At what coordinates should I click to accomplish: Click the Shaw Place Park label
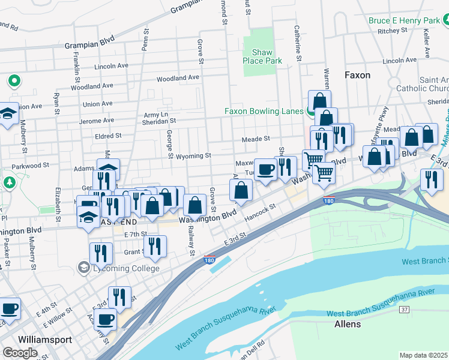pos(262,56)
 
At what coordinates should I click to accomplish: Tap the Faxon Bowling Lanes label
pos(264,111)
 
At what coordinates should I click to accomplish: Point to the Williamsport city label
pos(45,339)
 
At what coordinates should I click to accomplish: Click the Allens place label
pos(348,324)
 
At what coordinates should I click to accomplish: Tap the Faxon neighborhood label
pos(357,75)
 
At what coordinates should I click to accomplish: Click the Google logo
pos(20,352)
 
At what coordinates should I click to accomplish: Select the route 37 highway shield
pos(405,308)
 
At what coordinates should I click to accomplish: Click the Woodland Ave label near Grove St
pos(178,79)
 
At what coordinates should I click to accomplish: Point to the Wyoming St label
pos(193,155)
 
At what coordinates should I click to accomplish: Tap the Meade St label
pos(256,139)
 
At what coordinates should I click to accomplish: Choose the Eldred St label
pos(108,136)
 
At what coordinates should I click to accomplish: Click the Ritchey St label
pos(393,31)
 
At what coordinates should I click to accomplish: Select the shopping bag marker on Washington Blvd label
pos(195,206)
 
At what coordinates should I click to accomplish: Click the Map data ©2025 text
pos(423,355)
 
